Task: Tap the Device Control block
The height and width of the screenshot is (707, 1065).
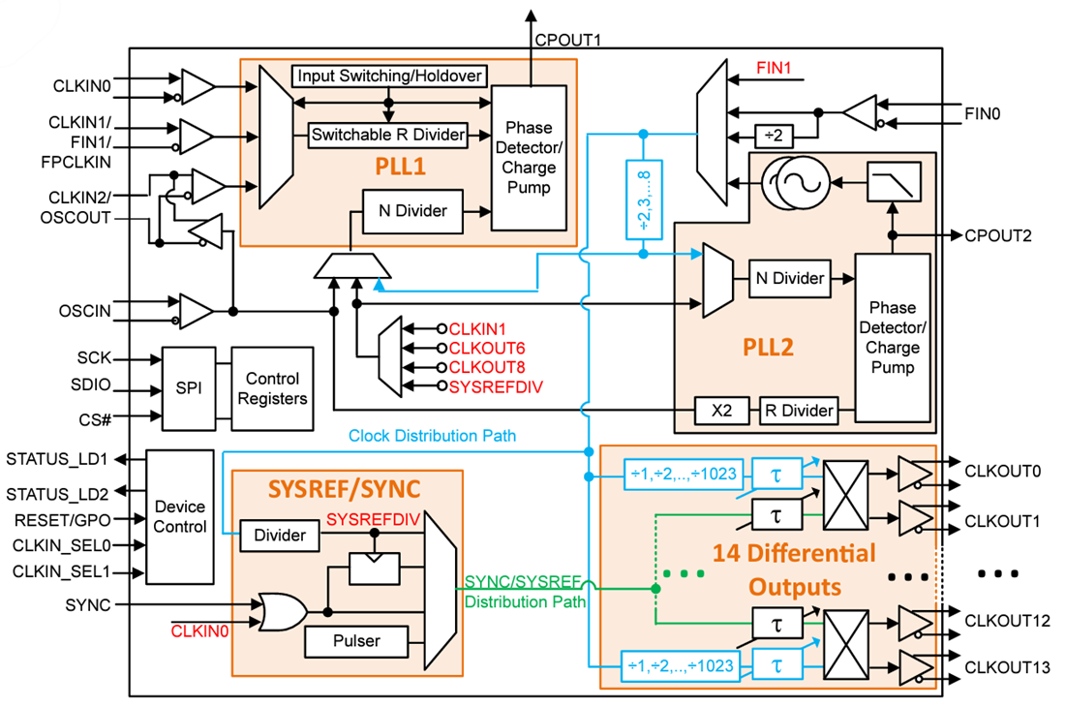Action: [x=180, y=516]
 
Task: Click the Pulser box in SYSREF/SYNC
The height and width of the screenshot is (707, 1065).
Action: [x=356, y=640]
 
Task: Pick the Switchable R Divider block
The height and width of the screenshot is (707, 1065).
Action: [x=387, y=136]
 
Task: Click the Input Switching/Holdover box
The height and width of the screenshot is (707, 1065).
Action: [x=388, y=76]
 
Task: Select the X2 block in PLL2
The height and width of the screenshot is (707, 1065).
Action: [x=722, y=411]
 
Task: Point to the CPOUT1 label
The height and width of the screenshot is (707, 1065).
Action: [x=568, y=41]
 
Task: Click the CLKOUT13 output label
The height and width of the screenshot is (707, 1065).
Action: [x=1007, y=667]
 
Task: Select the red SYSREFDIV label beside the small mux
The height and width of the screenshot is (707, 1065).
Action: [x=495, y=385]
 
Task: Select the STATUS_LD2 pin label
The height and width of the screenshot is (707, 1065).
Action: [x=57, y=492]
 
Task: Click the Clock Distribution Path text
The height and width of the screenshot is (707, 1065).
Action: [x=432, y=436]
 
